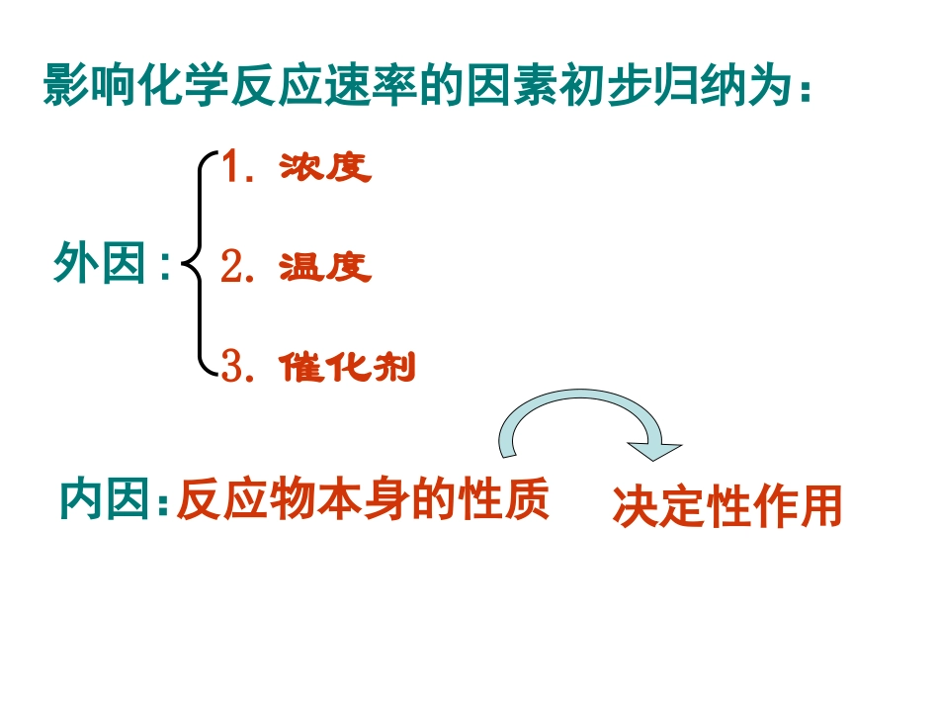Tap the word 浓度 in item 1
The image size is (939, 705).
tap(325, 167)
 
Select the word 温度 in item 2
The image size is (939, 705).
tap(325, 267)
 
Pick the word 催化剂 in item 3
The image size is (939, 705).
tap(347, 368)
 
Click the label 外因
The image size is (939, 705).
tap(102, 265)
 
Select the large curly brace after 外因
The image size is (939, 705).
tap(199, 265)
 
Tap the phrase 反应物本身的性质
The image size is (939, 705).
tap(363, 500)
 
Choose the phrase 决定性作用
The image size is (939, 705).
tap(727, 507)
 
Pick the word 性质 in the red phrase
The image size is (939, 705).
tap(503, 500)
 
